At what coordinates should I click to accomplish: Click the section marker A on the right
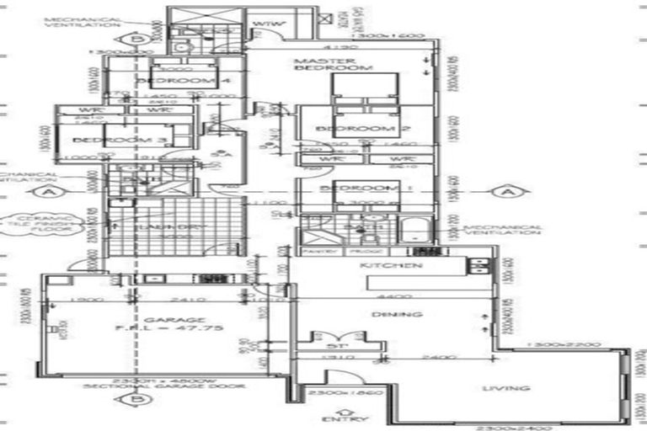click(x=507, y=192)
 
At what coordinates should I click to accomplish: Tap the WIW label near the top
click(x=266, y=23)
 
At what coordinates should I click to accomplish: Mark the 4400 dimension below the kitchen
click(x=388, y=296)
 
